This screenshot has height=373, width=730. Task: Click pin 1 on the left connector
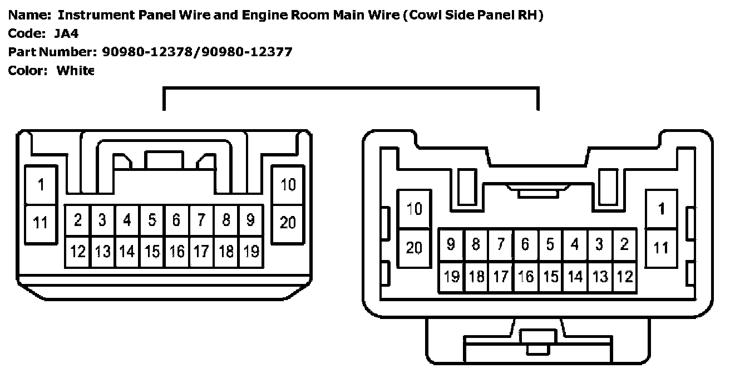click(41, 185)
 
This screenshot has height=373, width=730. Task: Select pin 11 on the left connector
click(41, 223)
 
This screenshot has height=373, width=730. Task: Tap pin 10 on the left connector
click(288, 185)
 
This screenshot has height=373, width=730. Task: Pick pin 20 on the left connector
click(288, 223)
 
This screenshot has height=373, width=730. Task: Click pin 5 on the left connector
click(152, 220)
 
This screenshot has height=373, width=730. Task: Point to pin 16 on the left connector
click(177, 252)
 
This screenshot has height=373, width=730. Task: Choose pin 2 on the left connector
click(78, 220)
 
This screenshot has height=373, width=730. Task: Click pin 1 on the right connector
click(661, 209)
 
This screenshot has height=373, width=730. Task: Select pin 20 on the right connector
click(414, 248)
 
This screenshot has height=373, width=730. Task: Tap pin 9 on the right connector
click(451, 244)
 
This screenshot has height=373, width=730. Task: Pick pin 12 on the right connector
click(625, 276)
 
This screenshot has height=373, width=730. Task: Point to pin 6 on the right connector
click(525, 244)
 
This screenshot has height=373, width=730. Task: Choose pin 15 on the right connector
click(550, 276)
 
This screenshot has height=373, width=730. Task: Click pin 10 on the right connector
click(414, 209)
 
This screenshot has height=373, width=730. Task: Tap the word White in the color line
click(76, 71)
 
